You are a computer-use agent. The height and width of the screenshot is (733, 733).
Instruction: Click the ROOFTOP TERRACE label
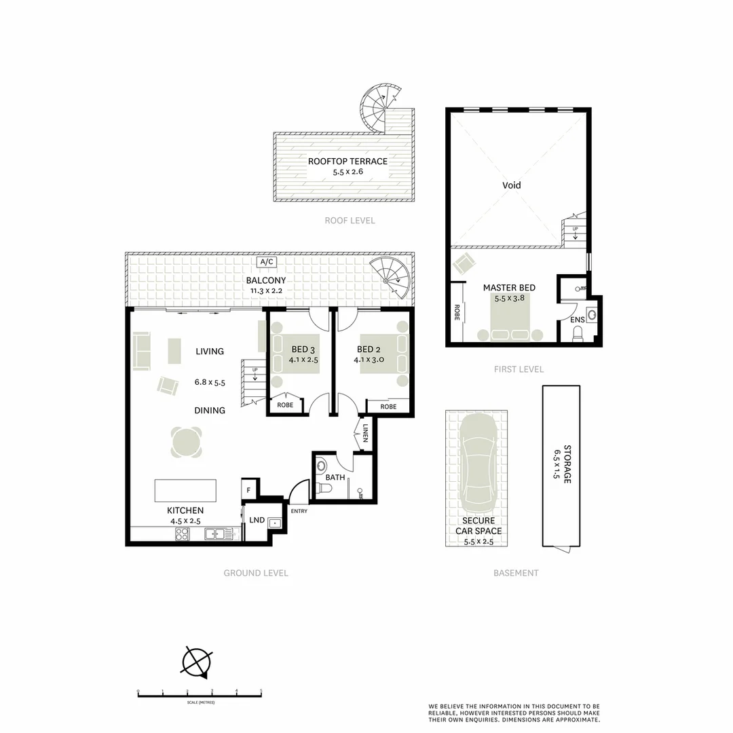click(347, 162)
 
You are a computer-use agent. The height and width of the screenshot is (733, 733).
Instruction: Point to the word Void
click(512, 185)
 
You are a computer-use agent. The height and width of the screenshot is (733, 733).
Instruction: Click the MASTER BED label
click(509, 288)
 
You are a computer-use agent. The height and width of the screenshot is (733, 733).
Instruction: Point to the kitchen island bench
click(185, 489)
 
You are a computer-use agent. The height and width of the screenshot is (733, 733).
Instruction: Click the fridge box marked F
click(249, 489)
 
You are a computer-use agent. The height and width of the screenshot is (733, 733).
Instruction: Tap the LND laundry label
click(257, 521)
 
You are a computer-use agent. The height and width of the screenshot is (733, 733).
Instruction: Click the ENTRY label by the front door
click(299, 511)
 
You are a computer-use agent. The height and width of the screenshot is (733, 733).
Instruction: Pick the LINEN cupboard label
click(364, 433)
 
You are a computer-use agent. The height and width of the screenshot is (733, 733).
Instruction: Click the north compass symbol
click(197, 660)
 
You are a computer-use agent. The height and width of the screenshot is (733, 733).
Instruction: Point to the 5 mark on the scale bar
click(261, 692)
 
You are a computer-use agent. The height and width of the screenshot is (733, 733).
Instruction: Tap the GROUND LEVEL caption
click(256, 573)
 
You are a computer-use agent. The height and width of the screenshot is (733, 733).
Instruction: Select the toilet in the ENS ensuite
click(578, 333)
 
